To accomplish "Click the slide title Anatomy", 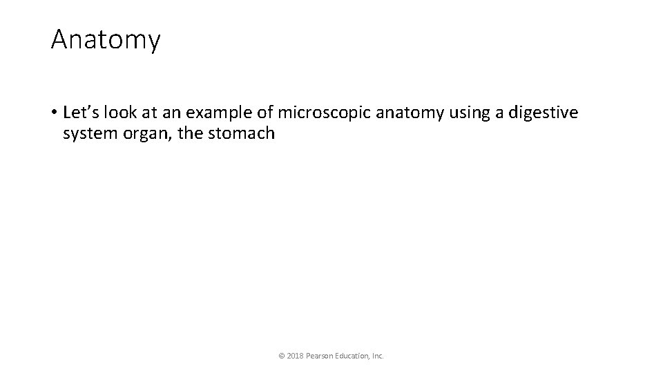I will point(105,40).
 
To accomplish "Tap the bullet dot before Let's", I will point(53,112).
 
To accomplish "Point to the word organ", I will point(144,133).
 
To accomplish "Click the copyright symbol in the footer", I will point(281,356).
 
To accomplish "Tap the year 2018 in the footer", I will point(294,356).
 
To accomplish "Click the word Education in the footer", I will point(354,356).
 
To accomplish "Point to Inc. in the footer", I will point(378,356).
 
